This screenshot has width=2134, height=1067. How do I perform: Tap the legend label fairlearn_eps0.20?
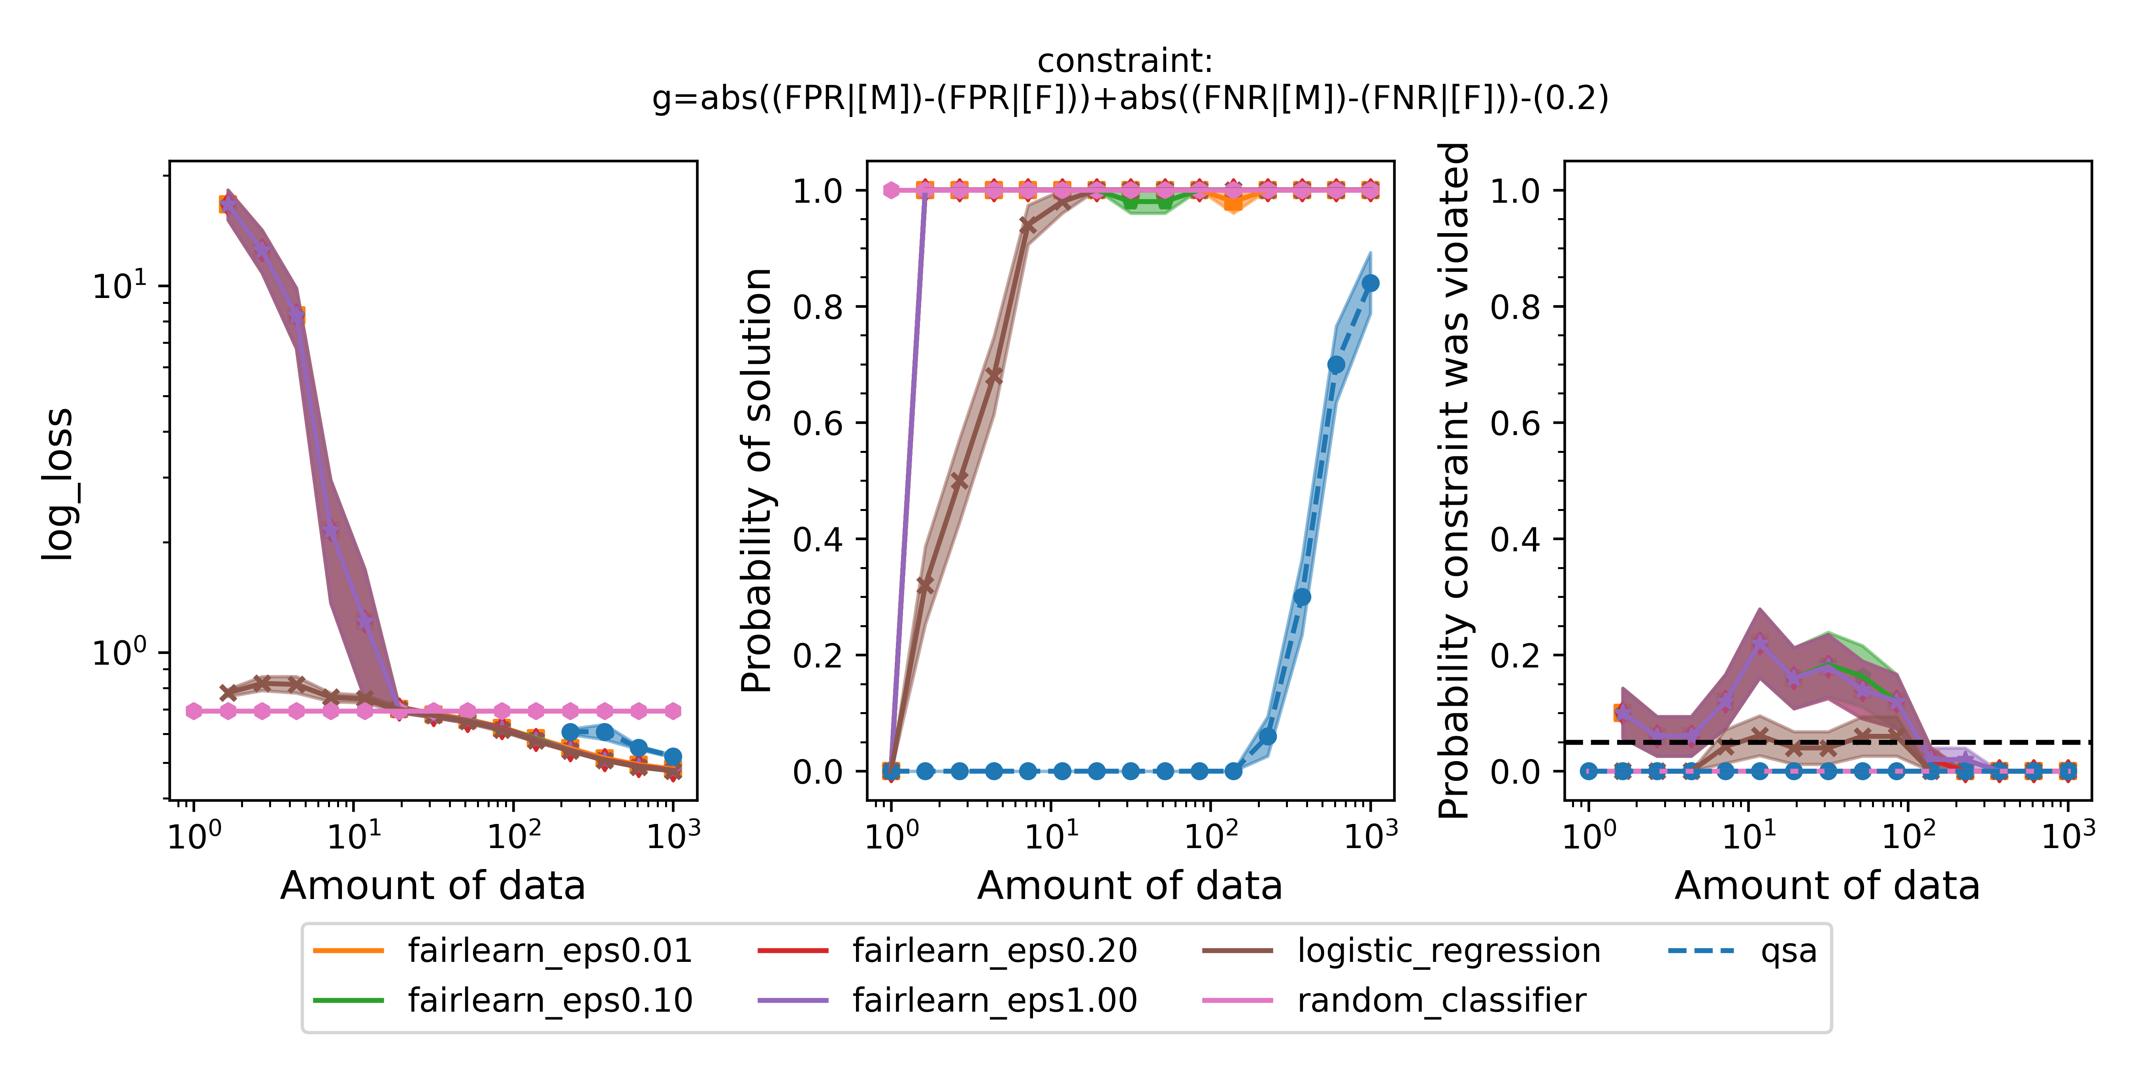point(994,951)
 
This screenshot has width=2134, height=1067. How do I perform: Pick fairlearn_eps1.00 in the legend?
point(994,1001)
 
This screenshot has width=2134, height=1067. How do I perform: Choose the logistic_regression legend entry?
point(1448,951)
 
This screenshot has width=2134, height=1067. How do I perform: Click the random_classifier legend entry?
point(1442,1001)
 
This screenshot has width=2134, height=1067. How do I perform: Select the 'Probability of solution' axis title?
point(756,481)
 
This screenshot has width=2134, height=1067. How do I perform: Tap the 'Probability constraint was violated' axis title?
point(1454,481)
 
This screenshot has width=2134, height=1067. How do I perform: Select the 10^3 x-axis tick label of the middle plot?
point(1371,835)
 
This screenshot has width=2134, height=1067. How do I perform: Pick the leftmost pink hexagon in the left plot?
point(194,711)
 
